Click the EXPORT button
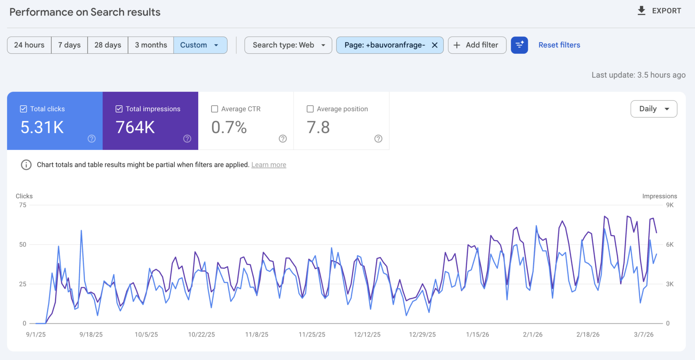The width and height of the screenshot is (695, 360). tap(660, 11)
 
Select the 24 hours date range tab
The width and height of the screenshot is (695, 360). tap(29, 45)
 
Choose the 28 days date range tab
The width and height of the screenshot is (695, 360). tap(108, 45)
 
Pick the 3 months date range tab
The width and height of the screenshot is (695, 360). tap(151, 45)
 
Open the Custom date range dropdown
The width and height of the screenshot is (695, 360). tap(200, 45)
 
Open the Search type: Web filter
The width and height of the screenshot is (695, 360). tap(288, 45)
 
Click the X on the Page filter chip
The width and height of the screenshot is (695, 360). tap(435, 45)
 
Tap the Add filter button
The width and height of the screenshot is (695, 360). tap(477, 45)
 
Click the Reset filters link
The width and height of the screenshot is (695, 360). tap(559, 45)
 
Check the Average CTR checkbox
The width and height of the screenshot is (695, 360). tap(215, 109)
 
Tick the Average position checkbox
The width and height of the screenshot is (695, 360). tap(310, 109)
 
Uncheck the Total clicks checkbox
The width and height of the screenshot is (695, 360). tap(23, 109)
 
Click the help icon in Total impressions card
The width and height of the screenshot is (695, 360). tap(187, 139)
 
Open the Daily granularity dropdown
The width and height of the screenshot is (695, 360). tap(654, 109)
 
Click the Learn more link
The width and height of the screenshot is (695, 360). tap(268, 165)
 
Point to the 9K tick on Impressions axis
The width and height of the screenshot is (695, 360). tap(670, 205)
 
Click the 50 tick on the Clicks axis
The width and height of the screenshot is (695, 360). tap(23, 244)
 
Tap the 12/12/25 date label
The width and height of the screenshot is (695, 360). tap(367, 335)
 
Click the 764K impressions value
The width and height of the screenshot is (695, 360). tap(135, 128)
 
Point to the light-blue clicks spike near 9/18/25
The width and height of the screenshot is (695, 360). tap(81, 230)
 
